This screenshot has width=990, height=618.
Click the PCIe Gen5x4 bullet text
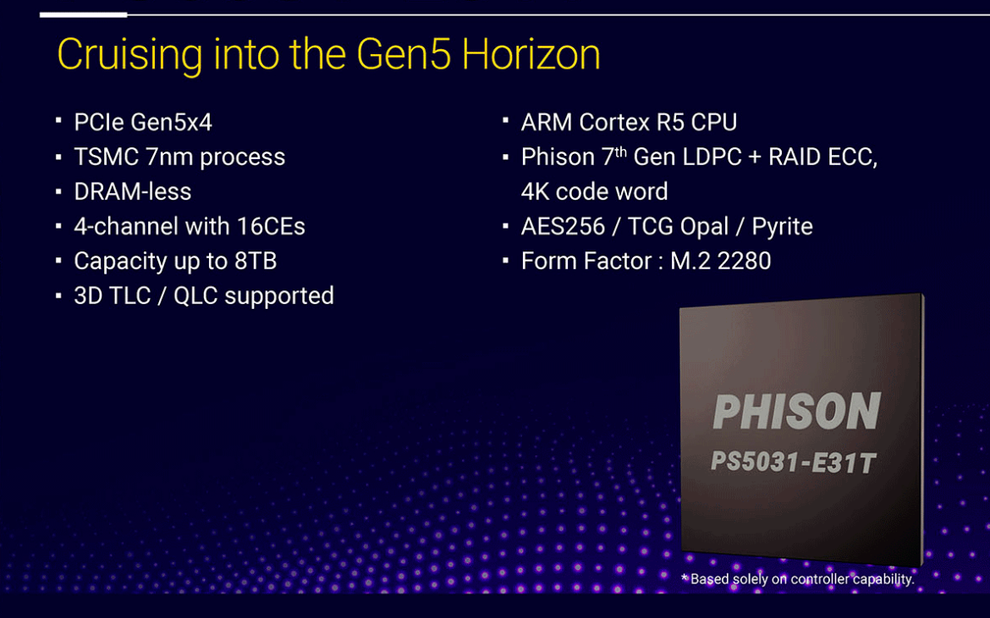(x=143, y=123)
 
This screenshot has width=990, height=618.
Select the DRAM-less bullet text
(x=133, y=192)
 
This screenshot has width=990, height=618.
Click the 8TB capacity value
(x=256, y=262)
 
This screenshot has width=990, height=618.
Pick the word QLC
(x=199, y=296)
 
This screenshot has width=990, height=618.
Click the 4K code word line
(x=594, y=192)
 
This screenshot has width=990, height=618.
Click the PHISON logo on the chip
(x=797, y=412)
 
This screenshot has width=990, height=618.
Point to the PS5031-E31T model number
(x=793, y=463)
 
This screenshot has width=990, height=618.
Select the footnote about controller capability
(x=798, y=580)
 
